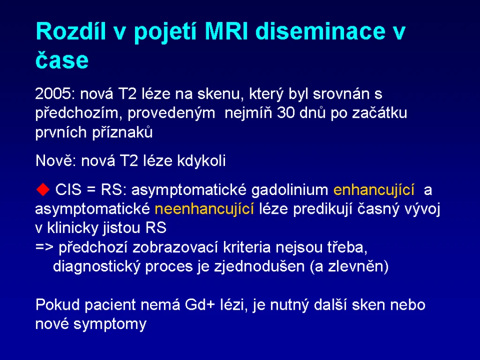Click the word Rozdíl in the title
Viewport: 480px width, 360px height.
(x=71, y=31)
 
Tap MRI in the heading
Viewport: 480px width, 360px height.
(x=226, y=31)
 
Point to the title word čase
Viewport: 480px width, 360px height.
(x=62, y=60)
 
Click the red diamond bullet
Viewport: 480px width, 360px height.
(x=43, y=189)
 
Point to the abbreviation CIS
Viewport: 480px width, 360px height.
(x=68, y=189)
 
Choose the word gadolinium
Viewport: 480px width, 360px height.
(x=290, y=190)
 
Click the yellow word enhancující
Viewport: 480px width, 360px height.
(x=374, y=190)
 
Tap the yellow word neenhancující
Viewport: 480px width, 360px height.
(x=204, y=209)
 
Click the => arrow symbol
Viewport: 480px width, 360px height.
(x=45, y=247)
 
